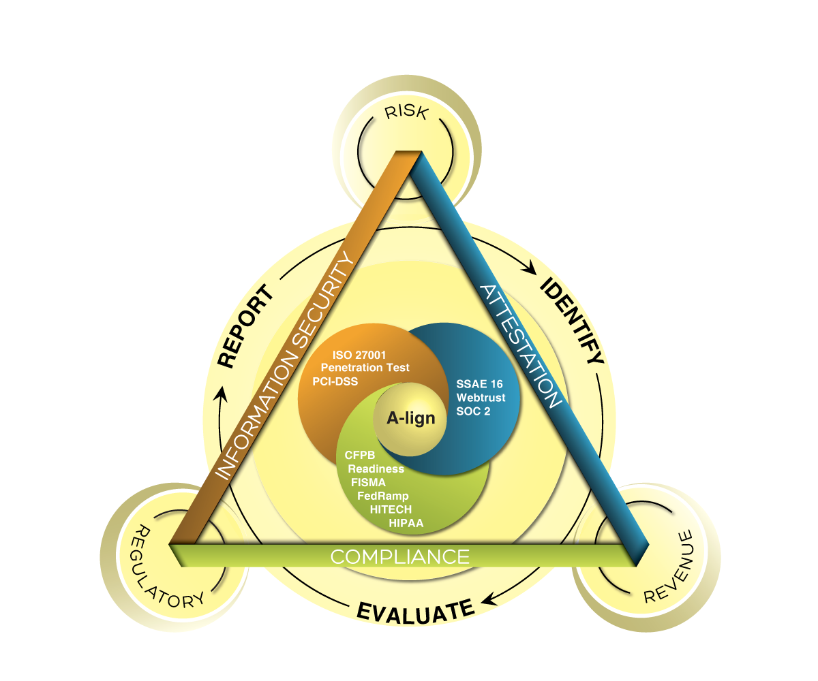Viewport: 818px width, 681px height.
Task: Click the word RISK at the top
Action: [406, 112]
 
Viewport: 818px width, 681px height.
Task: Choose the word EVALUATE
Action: [415, 610]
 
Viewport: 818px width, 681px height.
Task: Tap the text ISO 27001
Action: [360, 355]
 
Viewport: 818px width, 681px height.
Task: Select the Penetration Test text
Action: [365, 368]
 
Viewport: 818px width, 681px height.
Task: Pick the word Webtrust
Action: [481, 398]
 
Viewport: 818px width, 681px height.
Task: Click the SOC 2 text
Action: [474, 411]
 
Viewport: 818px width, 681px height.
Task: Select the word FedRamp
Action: [382, 496]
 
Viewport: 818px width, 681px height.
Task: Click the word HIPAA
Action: [406, 523]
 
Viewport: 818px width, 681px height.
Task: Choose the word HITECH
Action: [391, 509]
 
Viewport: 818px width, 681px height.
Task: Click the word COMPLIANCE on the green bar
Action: [400, 556]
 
